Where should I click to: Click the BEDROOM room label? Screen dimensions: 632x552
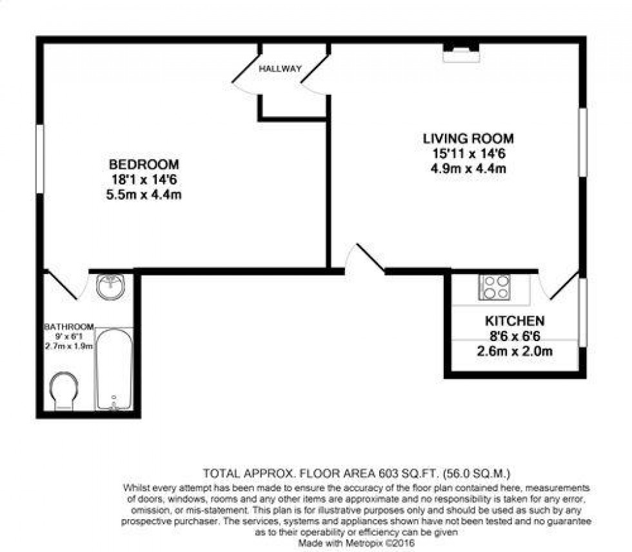[x=144, y=164]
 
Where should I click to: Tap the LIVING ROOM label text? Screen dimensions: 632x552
[x=468, y=139]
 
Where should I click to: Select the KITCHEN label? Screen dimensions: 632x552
[x=515, y=320]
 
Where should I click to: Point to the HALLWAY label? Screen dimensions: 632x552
[x=280, y=68]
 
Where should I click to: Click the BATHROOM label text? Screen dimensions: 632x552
[x=69, y=326]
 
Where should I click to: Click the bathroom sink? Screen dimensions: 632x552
[x=110, y=287]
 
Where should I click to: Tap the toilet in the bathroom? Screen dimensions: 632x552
[x=64, y=391]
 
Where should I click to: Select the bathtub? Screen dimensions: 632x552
[x=114, y=369]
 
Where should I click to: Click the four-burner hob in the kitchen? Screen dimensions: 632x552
[x=495, y=287]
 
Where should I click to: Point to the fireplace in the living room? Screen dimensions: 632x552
[x=462, y=52]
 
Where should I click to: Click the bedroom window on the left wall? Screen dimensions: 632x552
[x=39, y=159]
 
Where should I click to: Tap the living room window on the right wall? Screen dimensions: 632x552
[x=582, y=143]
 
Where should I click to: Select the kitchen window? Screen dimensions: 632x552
[x=582, y=312]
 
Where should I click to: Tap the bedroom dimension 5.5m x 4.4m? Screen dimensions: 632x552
[x=144, y=195]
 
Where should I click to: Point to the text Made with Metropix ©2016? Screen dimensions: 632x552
[x=356, y=543]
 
